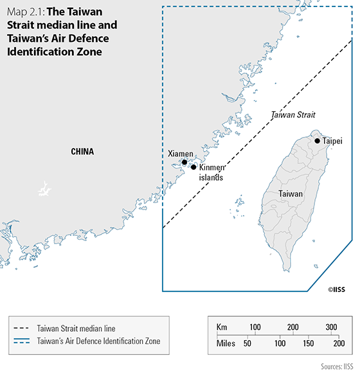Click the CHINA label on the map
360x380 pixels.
coord(82,152)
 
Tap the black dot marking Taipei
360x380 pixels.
coord(317,140)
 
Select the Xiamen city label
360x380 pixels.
coord(180,154)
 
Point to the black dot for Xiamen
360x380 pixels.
coord(184,162)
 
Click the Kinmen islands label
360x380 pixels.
coord(211,172)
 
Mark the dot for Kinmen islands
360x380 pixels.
coord(194,167)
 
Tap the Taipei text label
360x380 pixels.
coord(332,140)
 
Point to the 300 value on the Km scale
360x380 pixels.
coord(331,327)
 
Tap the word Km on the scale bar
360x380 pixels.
coord(222,327)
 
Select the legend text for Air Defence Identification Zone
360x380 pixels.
coord(98,341)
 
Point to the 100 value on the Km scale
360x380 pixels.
coord(255,327)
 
